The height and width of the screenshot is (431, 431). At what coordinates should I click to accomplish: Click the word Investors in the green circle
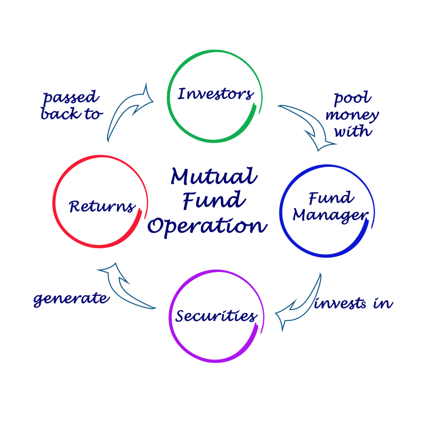[x=215, y=94]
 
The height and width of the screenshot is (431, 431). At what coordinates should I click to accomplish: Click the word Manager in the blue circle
[x=331, y=215]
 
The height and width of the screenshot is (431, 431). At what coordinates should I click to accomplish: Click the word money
[x=352, y=115]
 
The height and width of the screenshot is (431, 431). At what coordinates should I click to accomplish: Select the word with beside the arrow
[x=354, y=131]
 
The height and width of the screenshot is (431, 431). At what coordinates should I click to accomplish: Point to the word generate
[x=71, y=299]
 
